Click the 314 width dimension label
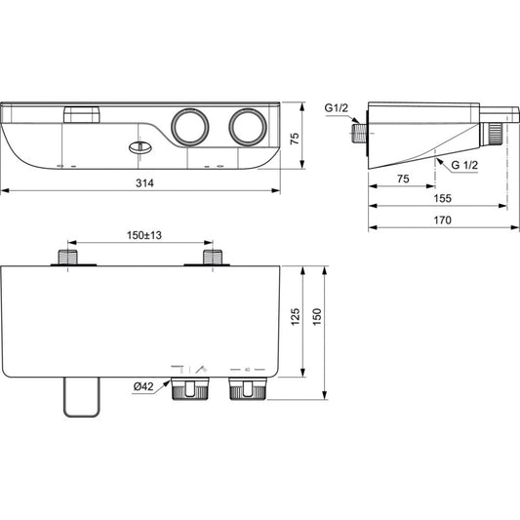(x=144, y=182)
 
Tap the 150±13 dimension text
(x=144, y=235)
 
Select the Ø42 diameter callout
(x=143, y=386)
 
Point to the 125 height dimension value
(x=295, y=317)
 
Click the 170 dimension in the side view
(x=442, y=220)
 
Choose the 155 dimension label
(x=442, y=198)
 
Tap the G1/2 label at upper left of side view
(x=337, y=107)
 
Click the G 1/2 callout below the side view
(x=464, y=165)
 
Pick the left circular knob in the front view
(x=189, y=127)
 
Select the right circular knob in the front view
(x=248, y=127)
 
